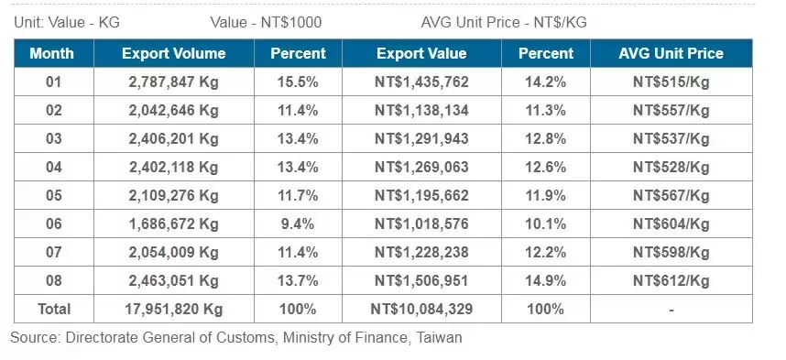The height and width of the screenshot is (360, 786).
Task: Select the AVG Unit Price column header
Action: [671, 53]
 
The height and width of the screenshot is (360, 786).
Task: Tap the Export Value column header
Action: [421, 53]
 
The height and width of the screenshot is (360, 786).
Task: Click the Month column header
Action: [51, 53]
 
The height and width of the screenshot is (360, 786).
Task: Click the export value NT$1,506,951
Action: [421, 280]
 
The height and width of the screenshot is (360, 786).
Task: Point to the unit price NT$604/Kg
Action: [671, 224]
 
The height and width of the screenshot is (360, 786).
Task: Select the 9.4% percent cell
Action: [298, 224]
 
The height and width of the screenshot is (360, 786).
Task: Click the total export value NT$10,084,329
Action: [421, 309]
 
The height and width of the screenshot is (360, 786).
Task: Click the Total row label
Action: [51, 309]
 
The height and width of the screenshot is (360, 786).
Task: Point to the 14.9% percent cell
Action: [546, 280]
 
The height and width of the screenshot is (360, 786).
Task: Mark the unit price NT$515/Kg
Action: [671, 82]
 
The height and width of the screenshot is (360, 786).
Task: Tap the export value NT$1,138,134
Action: [421, 111]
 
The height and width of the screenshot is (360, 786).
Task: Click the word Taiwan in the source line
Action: [438, 338]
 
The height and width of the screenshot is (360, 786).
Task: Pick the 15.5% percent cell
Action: [298, 82]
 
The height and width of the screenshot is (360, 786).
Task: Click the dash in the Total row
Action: [671, 310]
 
